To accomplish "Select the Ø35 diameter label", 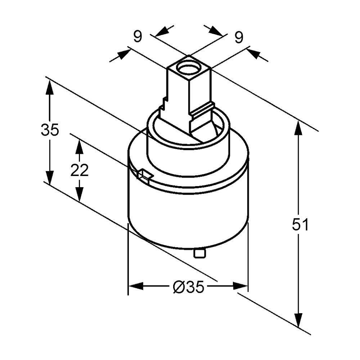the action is tap(188, 287).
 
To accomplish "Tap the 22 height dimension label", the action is tap(79, 170).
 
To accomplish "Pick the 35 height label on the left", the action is tap(50, 130).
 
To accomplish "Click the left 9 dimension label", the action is tap(138, 36).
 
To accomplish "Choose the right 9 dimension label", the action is tap(239, 37).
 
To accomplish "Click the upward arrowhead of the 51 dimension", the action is tap(298, 128).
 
